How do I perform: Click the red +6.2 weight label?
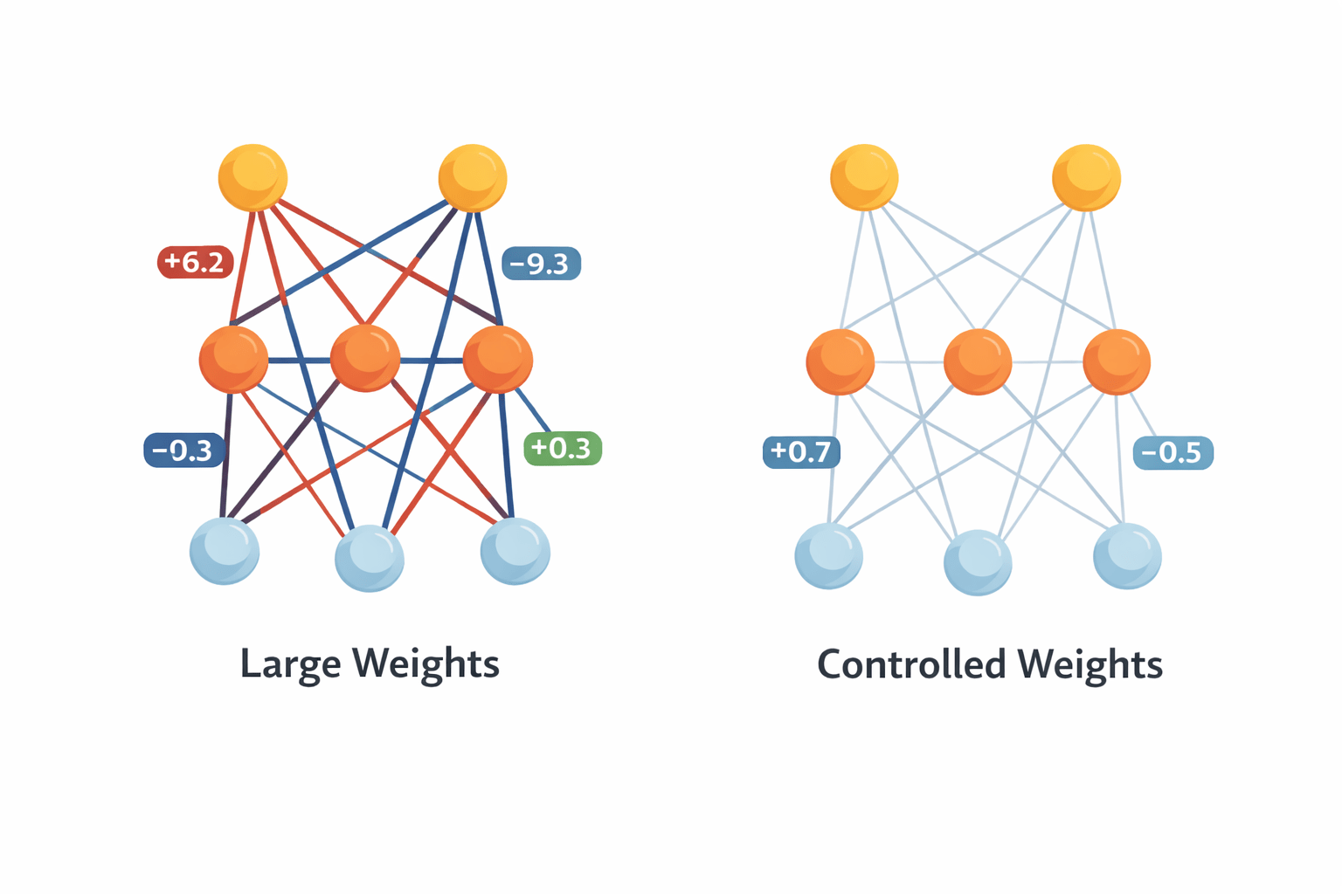195,262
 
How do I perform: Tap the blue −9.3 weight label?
541,263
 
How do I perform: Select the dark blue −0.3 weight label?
183,450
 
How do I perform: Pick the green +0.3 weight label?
562,449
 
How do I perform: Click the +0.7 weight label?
801,452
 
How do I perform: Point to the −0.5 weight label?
1173,453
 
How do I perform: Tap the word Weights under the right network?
1090,664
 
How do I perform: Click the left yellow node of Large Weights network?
252,178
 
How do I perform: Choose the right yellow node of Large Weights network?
473,178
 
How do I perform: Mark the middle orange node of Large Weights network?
365,358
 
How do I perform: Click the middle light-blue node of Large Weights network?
370,558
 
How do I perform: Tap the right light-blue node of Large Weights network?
515,551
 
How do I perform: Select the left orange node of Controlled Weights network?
840,361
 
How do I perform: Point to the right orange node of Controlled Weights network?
1117,361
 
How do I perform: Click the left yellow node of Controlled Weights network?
864,177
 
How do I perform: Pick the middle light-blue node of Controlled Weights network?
978,562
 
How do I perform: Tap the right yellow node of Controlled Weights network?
1086,177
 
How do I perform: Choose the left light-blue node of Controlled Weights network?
828,556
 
